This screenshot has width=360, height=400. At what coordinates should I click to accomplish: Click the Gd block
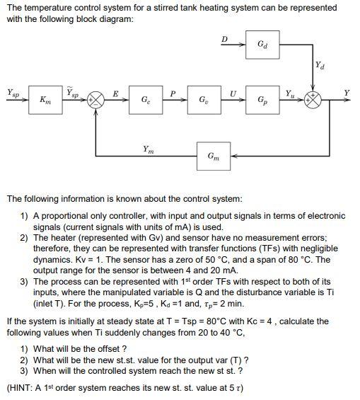[x=262, y=45]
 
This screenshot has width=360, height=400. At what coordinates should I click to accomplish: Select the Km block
[x=45, y=100]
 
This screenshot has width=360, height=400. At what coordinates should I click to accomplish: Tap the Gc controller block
[x=146, y=100]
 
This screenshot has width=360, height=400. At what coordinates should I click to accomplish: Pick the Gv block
[x=204, y=100]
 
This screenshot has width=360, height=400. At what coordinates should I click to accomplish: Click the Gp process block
[x=262, y=100]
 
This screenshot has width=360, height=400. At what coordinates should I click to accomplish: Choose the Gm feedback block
[x=214, y=156]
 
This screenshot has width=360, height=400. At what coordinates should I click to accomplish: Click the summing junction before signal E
[x=95, y=100]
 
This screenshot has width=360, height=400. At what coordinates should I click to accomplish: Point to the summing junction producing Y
[x=313, y=100]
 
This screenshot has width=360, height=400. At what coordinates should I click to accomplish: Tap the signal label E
[x=116, y=93]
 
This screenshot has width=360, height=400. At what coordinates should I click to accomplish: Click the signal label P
[x=173, y=93]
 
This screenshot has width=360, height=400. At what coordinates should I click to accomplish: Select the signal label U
[x=233, y=93]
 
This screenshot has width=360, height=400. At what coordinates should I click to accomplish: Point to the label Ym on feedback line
[x=149, y=149]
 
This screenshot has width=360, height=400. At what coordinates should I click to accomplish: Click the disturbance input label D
[x=224, y=39]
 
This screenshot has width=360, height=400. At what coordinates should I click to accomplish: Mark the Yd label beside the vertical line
[x=320, y=65]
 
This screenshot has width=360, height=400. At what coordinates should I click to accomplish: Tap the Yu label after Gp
[x=290, y=93]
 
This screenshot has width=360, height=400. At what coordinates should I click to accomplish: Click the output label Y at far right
[x=347, y=92]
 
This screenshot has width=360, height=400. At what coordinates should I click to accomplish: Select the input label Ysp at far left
[x=13, y=93]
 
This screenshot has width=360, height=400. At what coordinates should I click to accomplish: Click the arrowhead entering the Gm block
[x=233, y=156]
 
